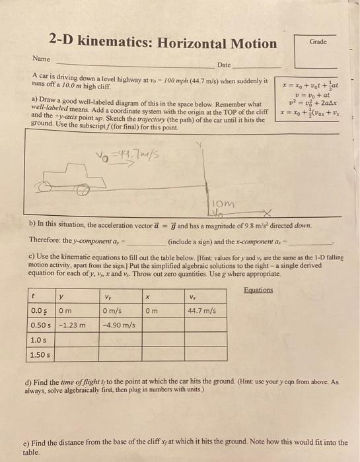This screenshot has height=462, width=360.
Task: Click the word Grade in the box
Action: pyautogui.click(x=318, y=41)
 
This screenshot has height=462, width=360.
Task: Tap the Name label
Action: pyautogui.click(x=41, y=59)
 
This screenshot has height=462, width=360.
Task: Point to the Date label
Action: pyautogui.click(x=225, y=65)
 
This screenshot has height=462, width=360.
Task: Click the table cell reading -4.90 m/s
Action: pyautogui.click(x=120, y=325)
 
